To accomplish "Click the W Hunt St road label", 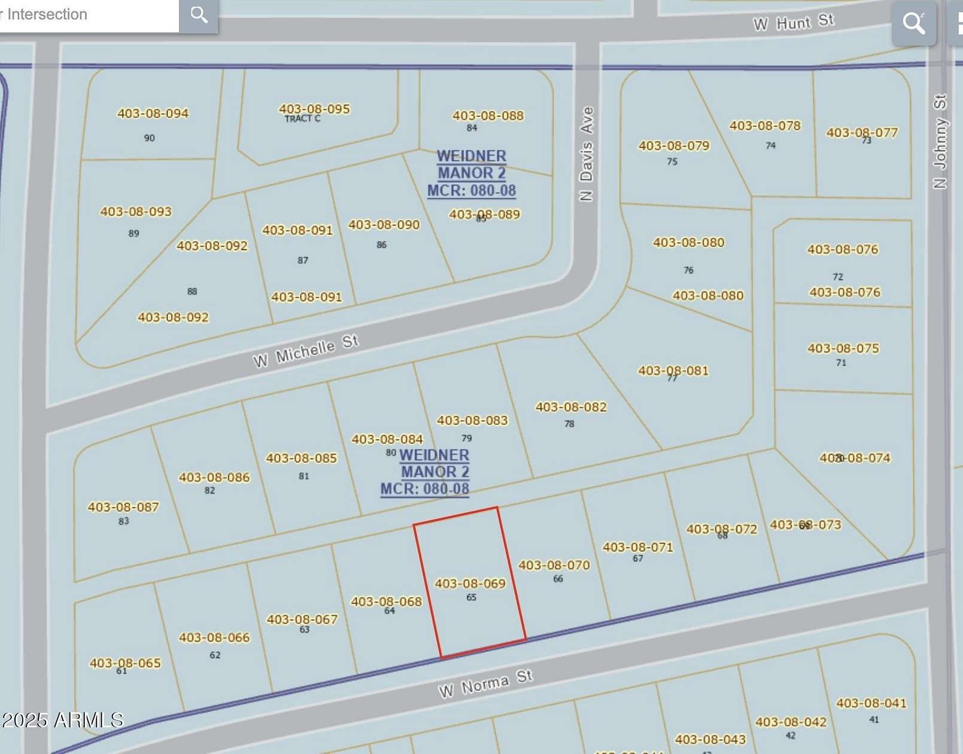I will point(793,23).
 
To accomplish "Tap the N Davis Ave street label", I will point(587,154).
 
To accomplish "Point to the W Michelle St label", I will point(306,351).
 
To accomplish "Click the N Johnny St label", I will point(940,141).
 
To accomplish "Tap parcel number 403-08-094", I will point(153,113).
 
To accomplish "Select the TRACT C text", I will point(302,119).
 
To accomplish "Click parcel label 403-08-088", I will point(488,115).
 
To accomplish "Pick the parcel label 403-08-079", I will point(674,145).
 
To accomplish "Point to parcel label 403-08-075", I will point(843,348).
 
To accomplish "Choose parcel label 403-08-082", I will point(570,407).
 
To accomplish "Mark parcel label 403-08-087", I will point(123,507).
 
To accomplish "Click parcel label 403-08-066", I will point(214,637).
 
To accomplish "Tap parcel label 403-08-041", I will point(871,703).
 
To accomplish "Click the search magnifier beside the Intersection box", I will point(199,15).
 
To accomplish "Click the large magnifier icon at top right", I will point(913,23).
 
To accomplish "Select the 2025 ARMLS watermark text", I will point(62,719).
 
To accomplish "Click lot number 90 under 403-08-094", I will point(149,138).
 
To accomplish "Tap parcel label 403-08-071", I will point(637,547).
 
